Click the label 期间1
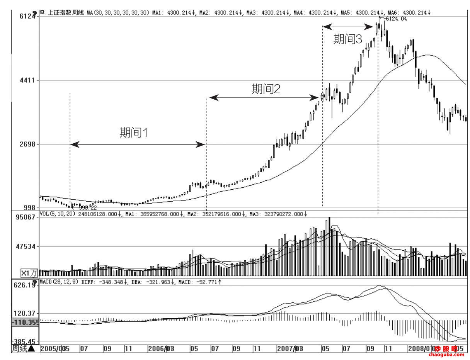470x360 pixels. [134, 133]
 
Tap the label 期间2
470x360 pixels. [266, 89]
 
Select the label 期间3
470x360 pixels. [348, 39]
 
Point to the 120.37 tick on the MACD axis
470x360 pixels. [26, 313]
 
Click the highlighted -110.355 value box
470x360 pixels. [25, 322]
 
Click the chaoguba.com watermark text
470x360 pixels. [446, 355]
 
